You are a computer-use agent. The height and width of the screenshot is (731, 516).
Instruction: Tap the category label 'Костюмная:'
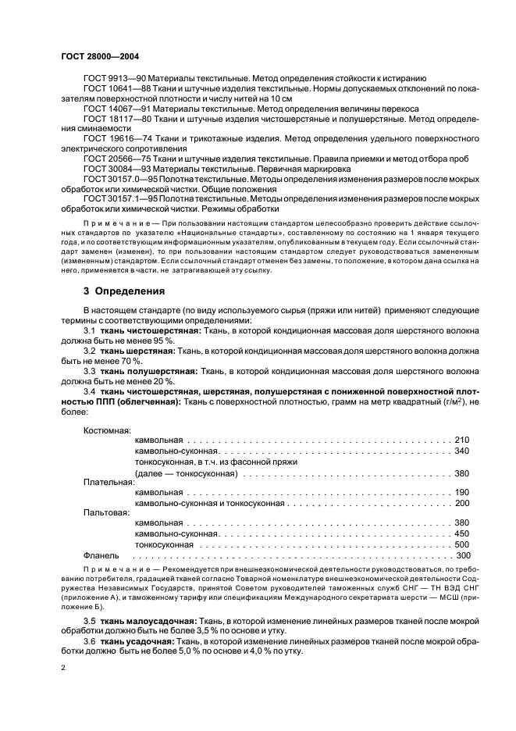click(107, 430)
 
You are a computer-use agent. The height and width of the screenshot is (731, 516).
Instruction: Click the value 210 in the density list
click(461, 440)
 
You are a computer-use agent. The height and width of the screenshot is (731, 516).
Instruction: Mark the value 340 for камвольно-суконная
click(461, 451)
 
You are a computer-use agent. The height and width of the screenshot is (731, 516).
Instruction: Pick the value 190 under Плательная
click(461, 493)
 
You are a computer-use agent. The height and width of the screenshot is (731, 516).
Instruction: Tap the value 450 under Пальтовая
click(461, 533)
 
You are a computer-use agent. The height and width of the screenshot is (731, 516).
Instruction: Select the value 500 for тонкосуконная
click(461, 544)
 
